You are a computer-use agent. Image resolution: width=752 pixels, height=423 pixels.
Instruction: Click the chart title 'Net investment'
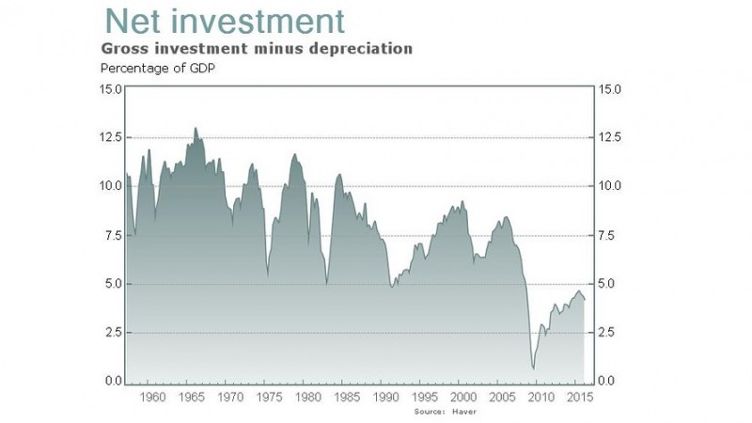point(225,20)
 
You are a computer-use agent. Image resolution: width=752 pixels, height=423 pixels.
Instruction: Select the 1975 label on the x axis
point(269,399)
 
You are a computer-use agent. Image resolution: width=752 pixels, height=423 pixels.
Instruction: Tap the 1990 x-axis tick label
point(385,399)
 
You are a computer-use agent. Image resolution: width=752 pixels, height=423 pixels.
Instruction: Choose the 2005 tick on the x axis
point(501,399)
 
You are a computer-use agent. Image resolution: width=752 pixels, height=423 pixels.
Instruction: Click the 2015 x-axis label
point(578,399)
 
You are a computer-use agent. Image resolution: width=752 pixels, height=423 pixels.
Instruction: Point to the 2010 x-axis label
point(540,399)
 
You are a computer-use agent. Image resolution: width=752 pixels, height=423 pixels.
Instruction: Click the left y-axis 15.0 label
point(111,89)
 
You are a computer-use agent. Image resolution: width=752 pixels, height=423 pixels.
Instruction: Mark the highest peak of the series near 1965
point(196,128)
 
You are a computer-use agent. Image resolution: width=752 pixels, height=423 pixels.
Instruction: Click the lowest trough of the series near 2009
point(534,368)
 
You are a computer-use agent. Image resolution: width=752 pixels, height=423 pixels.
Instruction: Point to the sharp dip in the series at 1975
point(268,275)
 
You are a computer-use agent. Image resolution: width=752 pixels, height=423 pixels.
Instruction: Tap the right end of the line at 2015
point(585,300)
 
